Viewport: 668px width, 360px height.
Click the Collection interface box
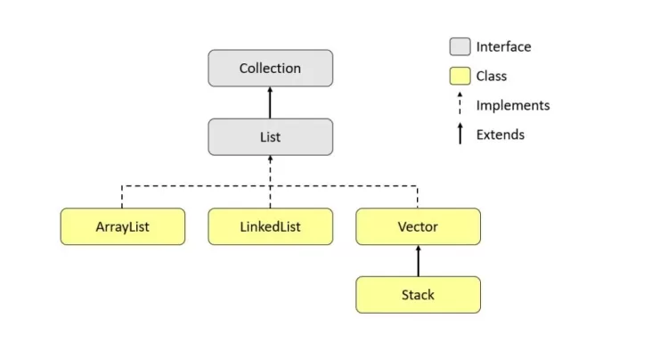point(271,68)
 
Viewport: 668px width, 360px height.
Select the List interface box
point(271,136)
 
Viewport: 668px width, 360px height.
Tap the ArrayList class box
point(123,226)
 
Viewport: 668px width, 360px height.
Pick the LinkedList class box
point(271,226)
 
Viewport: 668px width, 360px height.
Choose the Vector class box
point(419,226)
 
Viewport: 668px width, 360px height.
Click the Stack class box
point(419,295)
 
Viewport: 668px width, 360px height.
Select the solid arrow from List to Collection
point(270,102)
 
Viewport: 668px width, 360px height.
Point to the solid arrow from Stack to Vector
point(419,261)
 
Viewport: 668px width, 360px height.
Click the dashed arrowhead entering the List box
point(270,158)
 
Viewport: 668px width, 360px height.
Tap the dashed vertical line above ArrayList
point(122,197)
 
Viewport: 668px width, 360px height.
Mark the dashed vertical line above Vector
point(418,197)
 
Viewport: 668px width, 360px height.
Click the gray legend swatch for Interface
point(460,46)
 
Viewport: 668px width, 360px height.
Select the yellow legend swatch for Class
point(460,76)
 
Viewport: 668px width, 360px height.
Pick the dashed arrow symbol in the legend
point(460,103)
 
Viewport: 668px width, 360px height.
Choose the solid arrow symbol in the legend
point(460,134)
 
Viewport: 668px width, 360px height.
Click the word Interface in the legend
point(503,46)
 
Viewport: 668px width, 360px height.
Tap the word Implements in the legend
point(513,105)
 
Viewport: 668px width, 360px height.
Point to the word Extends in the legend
point(501,135)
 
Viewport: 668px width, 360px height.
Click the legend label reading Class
point(491,76)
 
